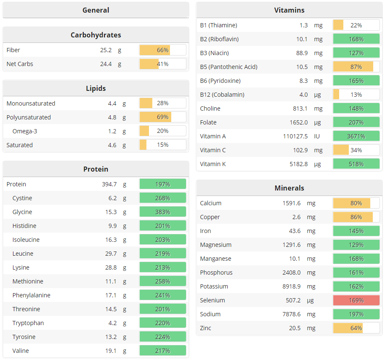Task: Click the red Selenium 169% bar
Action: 356,300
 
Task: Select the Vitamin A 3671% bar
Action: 356,136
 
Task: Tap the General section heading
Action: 96,10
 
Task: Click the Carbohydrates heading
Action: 96,35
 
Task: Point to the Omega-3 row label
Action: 25,131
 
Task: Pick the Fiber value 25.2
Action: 106,50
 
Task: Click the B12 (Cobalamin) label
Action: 222,95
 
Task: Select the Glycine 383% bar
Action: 162,212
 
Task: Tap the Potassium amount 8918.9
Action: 291,286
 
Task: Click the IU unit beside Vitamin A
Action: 317,136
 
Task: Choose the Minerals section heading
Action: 289,188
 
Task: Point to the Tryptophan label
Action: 28,323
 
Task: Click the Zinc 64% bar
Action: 356,328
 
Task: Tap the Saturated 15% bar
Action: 162,145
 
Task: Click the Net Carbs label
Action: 20,64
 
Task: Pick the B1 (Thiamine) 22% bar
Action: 356,25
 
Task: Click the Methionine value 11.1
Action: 111,281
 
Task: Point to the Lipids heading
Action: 96,88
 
